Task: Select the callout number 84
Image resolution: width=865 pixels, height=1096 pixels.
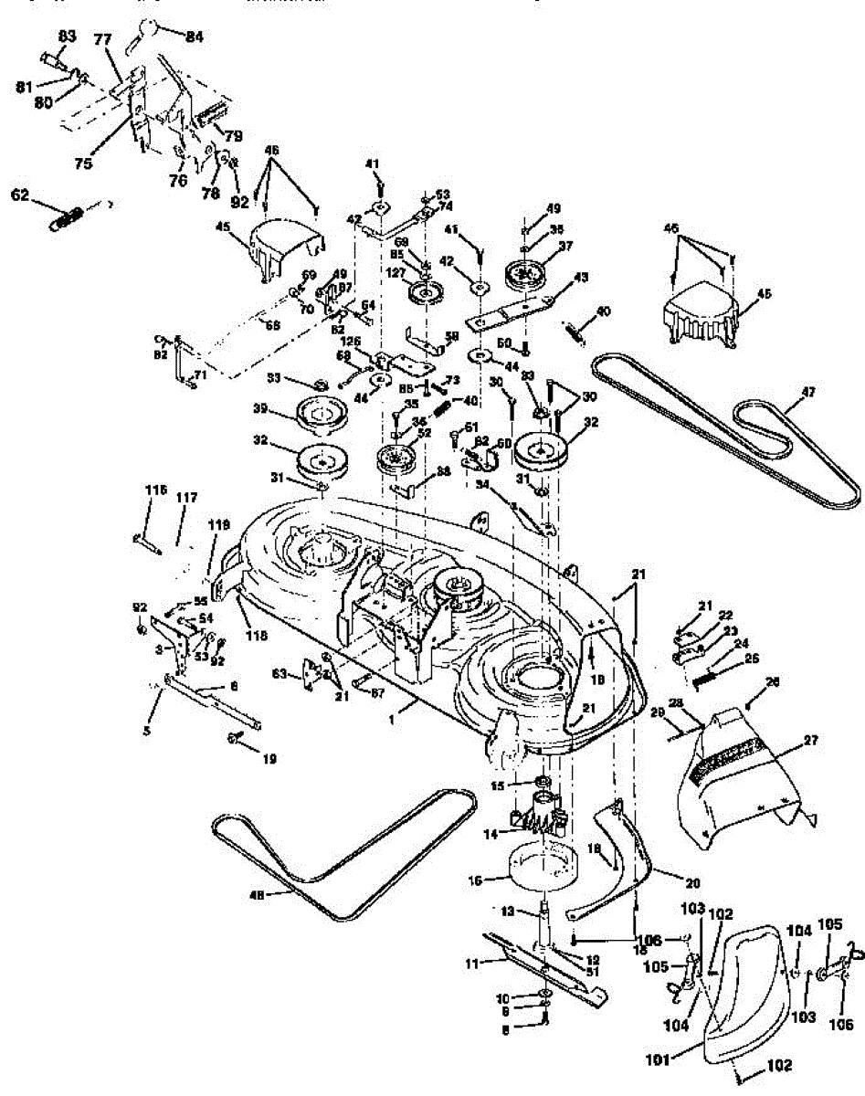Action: click(x=195, y=37)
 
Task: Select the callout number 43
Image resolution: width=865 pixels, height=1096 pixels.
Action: click(x=579, y=278)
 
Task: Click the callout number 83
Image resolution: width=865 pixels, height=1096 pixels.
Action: click(x=67, y=36)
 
